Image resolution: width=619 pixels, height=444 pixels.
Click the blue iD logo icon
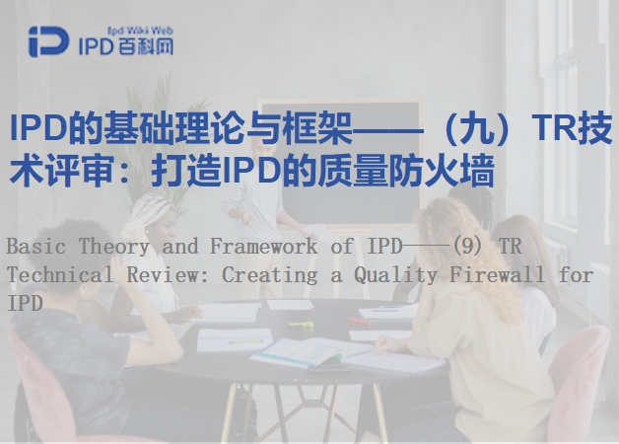[x=48, y=41]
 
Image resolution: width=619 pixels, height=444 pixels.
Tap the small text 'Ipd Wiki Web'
[x=140, y=31]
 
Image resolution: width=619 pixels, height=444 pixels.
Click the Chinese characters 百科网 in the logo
[x=143, y=46]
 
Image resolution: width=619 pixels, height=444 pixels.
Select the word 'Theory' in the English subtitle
[x=114, y=246]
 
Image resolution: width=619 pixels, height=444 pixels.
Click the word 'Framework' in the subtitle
[x=264, y=246]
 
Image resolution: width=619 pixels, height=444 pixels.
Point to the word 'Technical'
[x=60, y=274]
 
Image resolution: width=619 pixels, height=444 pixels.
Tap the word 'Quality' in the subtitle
[x=395, y=275]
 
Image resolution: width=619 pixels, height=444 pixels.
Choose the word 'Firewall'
[x=497, y=274]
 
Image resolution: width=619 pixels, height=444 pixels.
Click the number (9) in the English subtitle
[x=466, y=247]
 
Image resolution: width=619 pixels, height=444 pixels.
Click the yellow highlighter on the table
[x=301, y=325]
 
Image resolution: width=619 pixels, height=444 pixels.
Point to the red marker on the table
[x=359, y=321]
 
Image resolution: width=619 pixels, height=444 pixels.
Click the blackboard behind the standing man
[x=347, y=158]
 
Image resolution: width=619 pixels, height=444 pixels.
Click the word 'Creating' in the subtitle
[x=270, y=275]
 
